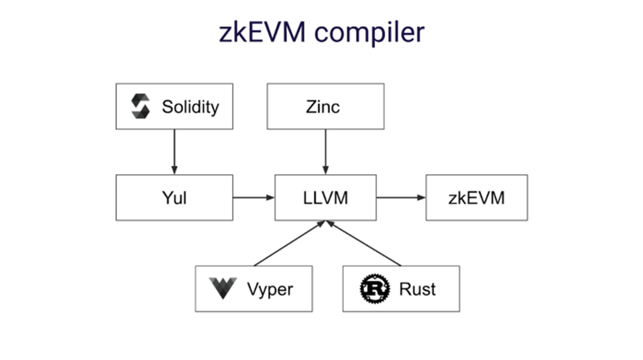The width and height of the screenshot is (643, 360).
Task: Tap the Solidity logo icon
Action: click(141, 106)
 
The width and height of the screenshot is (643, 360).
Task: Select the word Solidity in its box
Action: click(191, 107)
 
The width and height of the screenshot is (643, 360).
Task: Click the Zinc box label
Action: click(325, 107)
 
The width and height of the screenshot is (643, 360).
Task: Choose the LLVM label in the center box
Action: click(325, 198)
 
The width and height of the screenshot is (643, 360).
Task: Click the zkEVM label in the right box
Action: click(476, 198)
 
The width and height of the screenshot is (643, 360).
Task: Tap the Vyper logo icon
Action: click(222, 289)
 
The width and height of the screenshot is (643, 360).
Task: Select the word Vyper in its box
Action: click(271, 289)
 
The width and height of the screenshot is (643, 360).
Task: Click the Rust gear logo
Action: click(374, 289)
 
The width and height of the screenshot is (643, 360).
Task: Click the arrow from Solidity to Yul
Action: click(174, 151)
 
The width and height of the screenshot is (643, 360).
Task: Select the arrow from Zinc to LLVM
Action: click(325, 151)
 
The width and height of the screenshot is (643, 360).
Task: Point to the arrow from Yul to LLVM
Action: click(254, 198)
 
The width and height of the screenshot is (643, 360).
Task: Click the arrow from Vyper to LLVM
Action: click(288, 244)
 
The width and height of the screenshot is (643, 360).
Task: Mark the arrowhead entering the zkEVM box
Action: click(421, 198)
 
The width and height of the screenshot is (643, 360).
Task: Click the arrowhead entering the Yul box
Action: click(174, 170)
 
